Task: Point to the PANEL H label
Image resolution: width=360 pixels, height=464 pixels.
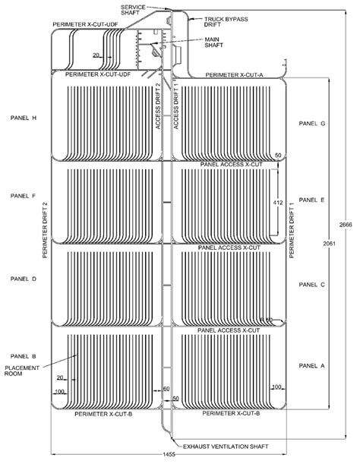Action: (24, 118)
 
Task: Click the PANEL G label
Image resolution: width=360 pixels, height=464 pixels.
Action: (312, 123)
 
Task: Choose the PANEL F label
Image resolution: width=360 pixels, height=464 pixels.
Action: (24, 195)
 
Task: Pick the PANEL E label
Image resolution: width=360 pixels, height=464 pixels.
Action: (312, 200)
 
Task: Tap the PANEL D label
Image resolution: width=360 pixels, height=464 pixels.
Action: (24, 279)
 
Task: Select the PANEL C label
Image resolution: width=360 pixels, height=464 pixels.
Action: (312, 285)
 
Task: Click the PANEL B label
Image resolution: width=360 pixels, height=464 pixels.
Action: (24, 356)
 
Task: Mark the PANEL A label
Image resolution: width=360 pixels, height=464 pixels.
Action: (312, 365)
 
